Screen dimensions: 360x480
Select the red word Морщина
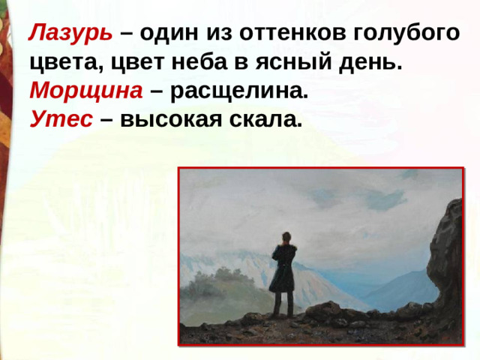coord(86,91)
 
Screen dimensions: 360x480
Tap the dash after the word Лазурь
coord(124,34)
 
